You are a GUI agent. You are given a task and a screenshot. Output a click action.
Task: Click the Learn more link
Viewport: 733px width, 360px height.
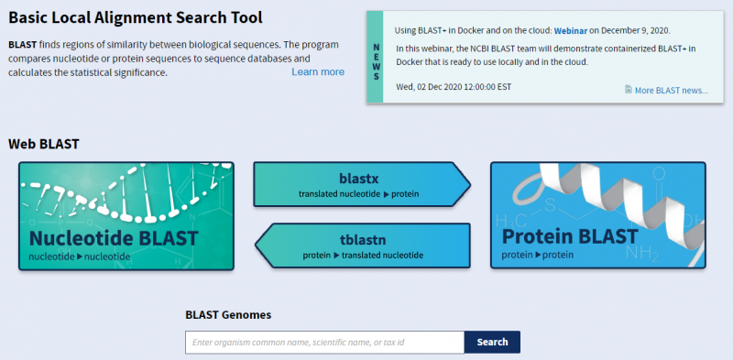318,71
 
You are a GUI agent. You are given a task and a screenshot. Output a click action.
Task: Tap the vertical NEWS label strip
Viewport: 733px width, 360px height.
375,57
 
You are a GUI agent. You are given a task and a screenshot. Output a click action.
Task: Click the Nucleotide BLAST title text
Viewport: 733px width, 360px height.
114,238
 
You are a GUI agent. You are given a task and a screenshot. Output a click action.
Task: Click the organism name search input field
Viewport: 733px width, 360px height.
324,342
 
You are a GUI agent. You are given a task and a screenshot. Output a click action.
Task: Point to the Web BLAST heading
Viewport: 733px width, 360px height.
44,144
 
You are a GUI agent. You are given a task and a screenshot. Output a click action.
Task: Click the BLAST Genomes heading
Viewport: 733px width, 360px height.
228,314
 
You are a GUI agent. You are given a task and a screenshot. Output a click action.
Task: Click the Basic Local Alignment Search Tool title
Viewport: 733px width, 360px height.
136,18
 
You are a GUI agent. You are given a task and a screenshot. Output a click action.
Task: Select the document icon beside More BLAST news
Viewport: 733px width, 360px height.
628,90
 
